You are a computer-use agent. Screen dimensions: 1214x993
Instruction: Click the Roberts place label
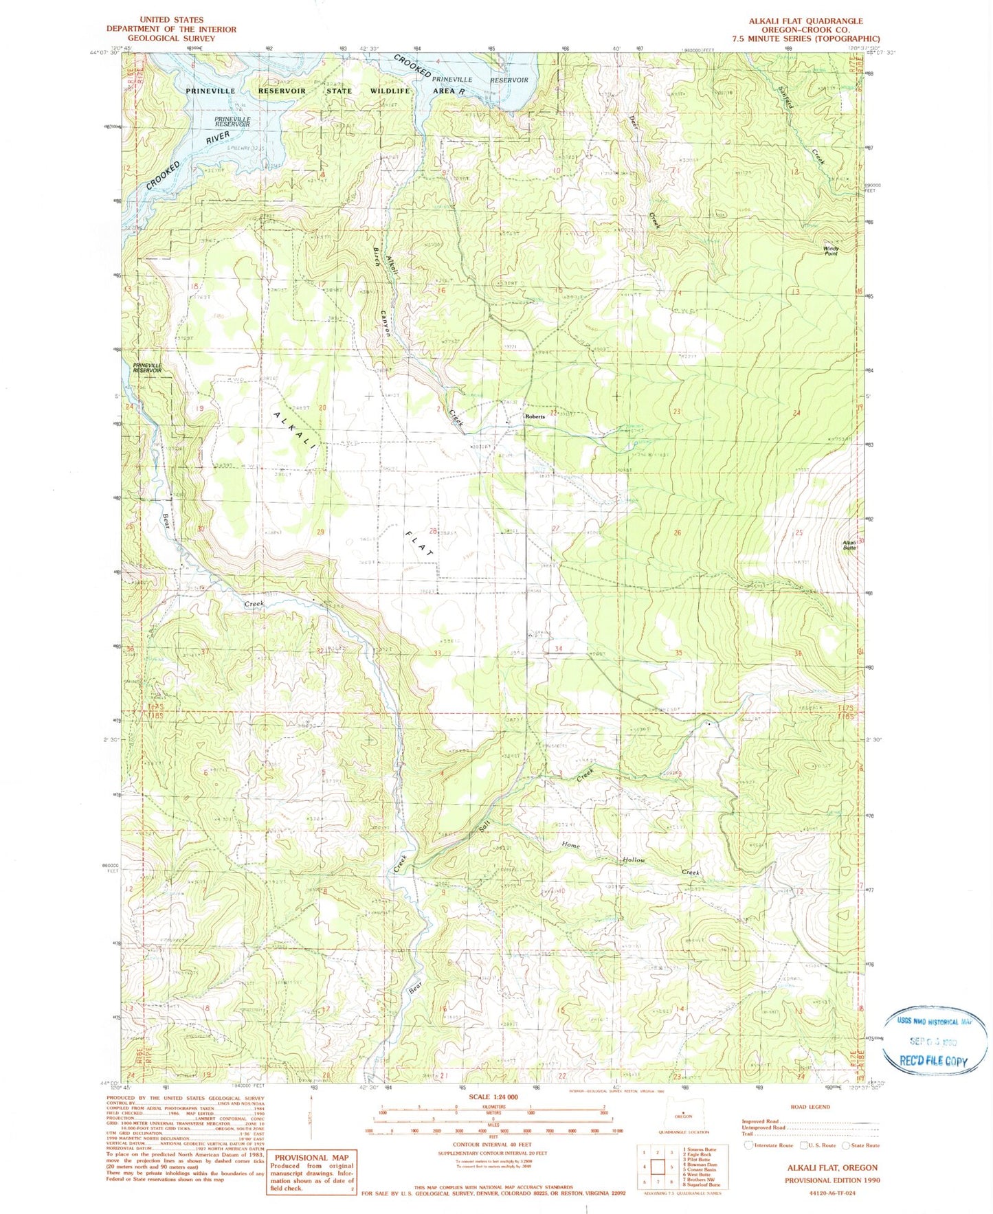[535, 416]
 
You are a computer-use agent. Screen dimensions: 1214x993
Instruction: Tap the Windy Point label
[831, 251]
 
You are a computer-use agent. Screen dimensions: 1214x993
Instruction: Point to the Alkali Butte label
[849, 545]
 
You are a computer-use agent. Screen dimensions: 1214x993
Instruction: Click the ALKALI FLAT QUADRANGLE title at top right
[805, 21]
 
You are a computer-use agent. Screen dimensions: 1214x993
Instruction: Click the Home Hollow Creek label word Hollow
[634, 859]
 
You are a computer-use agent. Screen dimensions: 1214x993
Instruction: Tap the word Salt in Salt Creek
[485, 831]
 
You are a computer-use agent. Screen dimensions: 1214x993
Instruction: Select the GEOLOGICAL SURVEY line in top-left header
[171, 38]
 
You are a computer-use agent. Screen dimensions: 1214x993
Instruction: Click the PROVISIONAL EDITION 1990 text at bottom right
[832, 1180]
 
